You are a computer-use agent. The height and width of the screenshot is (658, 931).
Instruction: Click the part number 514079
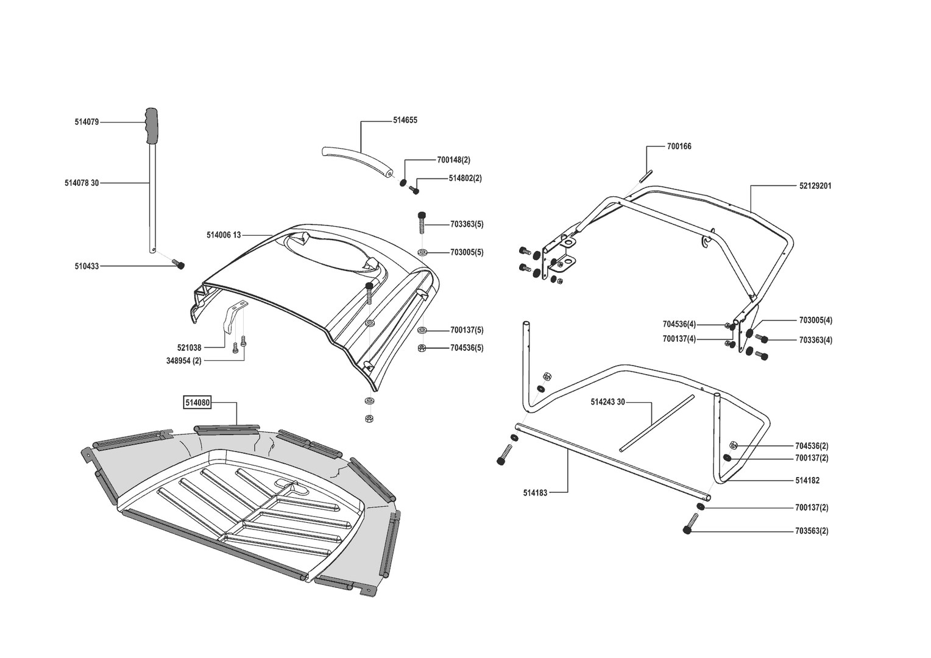[87, 122]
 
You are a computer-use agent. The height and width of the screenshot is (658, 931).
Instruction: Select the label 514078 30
[82, 182]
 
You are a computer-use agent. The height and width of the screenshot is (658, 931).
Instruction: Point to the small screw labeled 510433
[179, 264]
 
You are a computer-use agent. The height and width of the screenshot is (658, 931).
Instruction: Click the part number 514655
[405, 121]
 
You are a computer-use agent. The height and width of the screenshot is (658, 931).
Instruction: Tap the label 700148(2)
[453, 160]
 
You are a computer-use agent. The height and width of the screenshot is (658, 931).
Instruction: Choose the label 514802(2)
[465, 179]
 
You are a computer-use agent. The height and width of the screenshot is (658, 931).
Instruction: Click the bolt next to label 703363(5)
[422, 224]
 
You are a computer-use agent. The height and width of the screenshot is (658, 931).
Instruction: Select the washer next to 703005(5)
[422, 252]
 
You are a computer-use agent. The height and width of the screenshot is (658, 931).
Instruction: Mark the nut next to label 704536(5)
[422, 348]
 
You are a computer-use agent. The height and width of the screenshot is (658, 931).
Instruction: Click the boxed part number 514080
[197, 402]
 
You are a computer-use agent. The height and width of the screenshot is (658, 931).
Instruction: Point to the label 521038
[189, 348]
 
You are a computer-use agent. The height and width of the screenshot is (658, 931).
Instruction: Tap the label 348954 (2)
[183, 361]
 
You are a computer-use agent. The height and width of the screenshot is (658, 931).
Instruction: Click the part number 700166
[679, 146]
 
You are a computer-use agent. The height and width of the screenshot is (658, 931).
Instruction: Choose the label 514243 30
[608, 402]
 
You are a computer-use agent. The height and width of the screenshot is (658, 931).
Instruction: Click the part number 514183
[535, 492]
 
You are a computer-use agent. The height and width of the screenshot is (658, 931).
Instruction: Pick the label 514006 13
[224, 235]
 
